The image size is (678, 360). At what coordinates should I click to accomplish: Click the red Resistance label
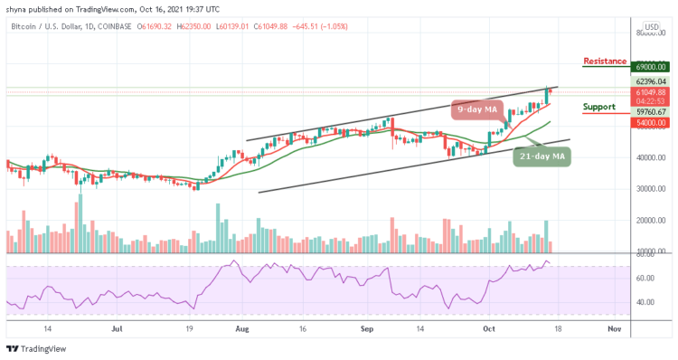[x=606, y=62]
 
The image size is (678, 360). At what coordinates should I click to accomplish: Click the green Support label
[x=599, y=107]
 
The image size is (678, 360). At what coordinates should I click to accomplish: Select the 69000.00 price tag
[x=649, y=67]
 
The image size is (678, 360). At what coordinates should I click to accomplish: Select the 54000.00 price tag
[x=649, y=122]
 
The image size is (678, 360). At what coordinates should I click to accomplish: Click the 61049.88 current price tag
[x=649, y=92]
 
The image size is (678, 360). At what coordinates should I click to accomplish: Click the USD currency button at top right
[x=649, y=26]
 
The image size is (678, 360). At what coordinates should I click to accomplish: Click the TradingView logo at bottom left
[x=34, y=350]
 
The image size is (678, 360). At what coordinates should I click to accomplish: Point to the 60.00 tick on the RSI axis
[x=645, y=279]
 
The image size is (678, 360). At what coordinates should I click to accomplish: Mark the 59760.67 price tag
[x=649, y=111]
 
